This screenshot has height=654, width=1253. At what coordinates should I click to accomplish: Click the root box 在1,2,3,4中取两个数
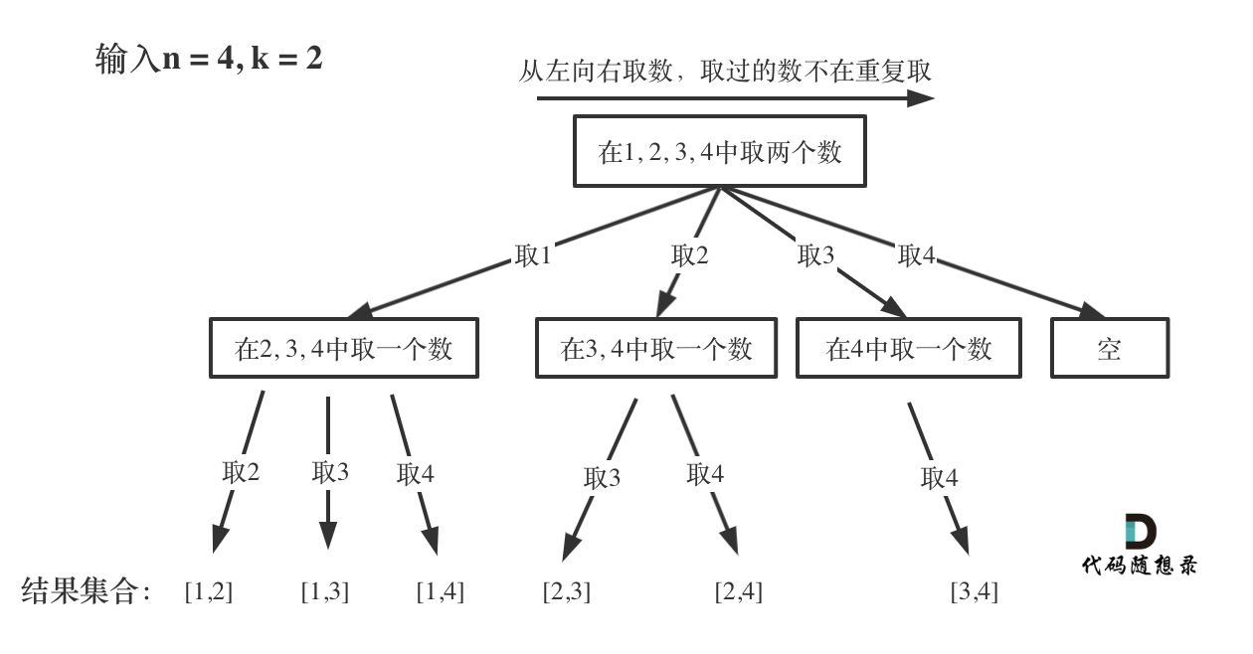719,151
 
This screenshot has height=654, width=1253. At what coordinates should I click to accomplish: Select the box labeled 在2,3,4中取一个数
343,348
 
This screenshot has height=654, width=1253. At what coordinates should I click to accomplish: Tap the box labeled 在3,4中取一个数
655,348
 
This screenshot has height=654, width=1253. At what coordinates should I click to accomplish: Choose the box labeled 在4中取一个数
908,348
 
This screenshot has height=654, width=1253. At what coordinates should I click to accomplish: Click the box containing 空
1109,348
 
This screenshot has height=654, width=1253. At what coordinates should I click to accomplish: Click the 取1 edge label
533,255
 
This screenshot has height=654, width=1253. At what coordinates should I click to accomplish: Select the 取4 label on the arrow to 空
917,255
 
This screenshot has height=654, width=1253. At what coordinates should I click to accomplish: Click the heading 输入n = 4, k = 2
209,59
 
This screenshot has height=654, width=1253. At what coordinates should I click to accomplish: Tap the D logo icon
1140,533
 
